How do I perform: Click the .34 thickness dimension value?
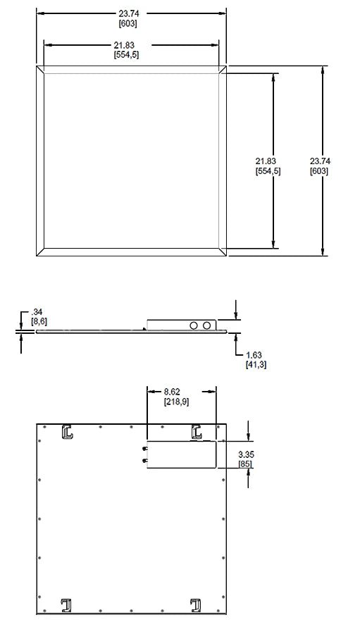point(37,312)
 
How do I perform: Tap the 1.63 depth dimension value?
point(254,355)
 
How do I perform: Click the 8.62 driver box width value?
point(172,392)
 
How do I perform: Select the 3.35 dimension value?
point(247,454)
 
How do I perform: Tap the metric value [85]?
point(246,464)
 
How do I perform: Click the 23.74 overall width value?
point(129,14)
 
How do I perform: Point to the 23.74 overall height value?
point(320,161)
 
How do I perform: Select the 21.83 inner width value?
point(124,45)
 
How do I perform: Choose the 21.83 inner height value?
point(266,161)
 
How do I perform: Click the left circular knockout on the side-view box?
point(194,325)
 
